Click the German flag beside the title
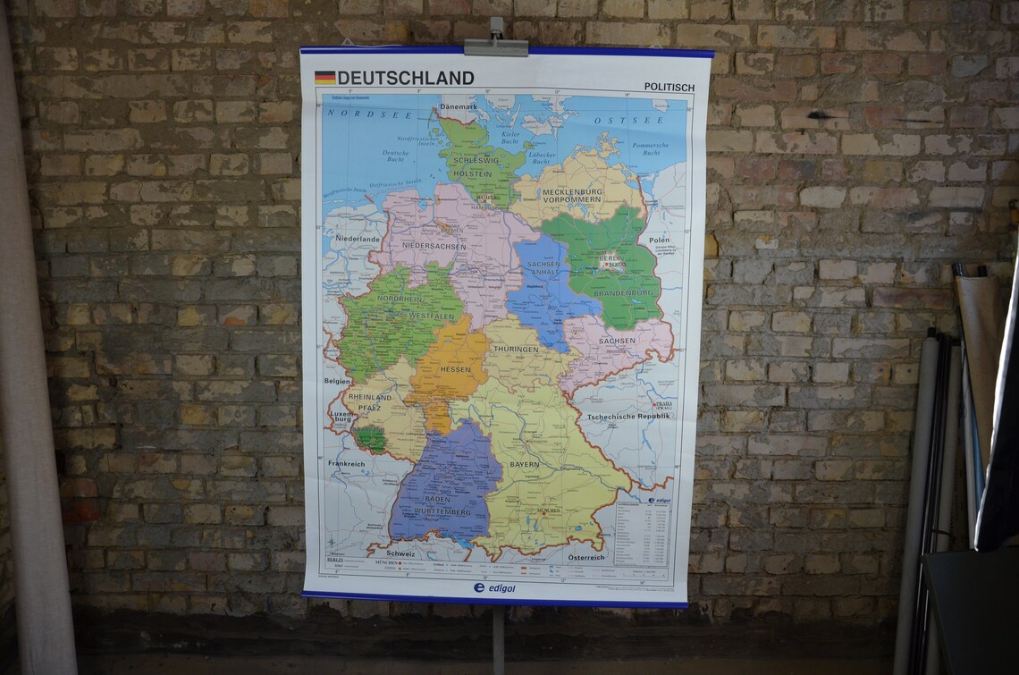coord(324,78)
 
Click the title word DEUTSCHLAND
coord(406,78)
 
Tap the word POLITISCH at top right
coord(669,87)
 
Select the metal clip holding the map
coord(496,45)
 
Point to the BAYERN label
coord(525,465)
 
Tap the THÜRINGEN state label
coord(516,349)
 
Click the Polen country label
coord(659,240)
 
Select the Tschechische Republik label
coord(627,417)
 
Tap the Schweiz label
coord(400,554)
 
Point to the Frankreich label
coord(346,464)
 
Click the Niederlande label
coord(357,239)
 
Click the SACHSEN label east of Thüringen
coord(617,341)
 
